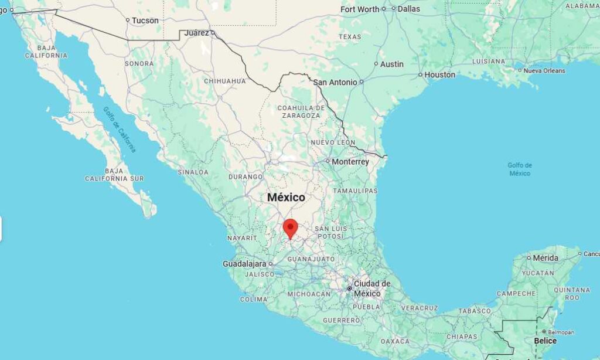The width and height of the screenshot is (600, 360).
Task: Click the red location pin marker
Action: click(291, 227)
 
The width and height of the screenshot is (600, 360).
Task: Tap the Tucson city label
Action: click(145, 21)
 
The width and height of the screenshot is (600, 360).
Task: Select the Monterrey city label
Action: click(350, 161)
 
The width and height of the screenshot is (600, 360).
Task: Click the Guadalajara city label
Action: click(244, 264)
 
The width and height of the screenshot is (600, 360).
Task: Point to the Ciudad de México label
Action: click(371, 288)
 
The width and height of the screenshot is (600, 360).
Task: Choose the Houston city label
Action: click(439, 74)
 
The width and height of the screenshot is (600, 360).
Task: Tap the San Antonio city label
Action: click(335, 82)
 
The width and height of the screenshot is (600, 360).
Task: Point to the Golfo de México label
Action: click(520, 169)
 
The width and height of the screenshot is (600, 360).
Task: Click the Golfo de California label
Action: click(120, 129)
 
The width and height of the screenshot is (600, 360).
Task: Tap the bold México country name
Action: click(286, 198)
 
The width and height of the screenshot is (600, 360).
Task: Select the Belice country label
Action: click(545, 341)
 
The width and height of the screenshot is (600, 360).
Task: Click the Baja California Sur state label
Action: click(114, 174)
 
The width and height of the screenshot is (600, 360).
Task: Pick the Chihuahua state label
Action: click(225, 81)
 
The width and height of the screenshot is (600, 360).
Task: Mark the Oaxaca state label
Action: click(395, 341)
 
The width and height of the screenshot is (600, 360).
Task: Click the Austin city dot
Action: click(376, 64)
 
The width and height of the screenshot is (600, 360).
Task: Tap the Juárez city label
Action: click(196, 33)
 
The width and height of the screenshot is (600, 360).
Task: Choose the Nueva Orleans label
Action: click(544, 70)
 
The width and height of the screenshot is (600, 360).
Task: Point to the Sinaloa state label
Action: click(193, 172)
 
